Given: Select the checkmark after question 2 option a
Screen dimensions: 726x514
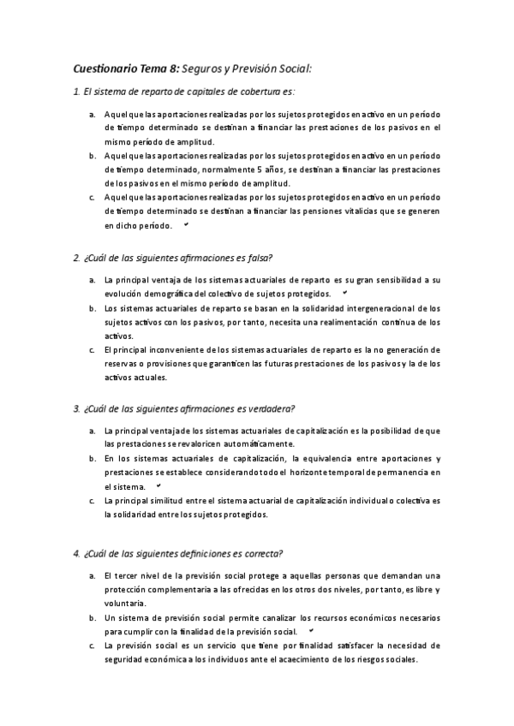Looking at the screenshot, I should (x=344, y=292).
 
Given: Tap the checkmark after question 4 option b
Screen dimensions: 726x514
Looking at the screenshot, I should (x=311, y=630).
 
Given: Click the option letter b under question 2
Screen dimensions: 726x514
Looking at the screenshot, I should (x=92, y=307).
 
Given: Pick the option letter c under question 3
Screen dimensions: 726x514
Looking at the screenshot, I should (x=92, y=500).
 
